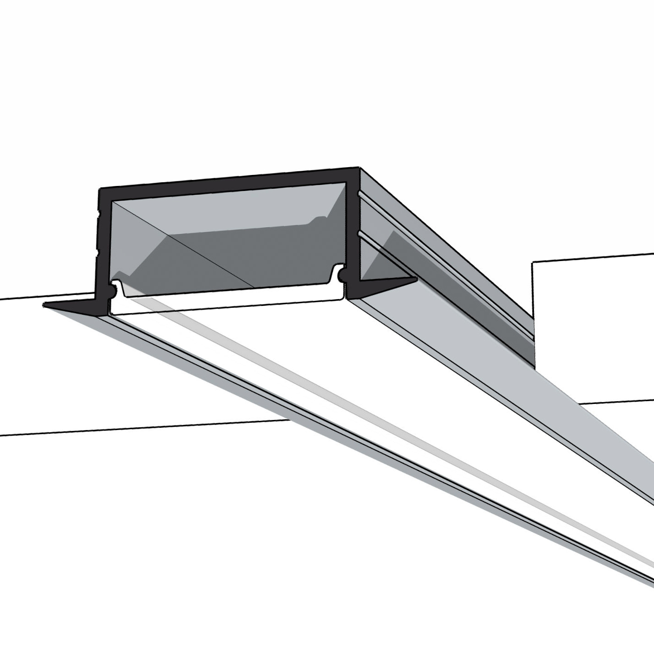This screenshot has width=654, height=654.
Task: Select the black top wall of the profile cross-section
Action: point(229,182)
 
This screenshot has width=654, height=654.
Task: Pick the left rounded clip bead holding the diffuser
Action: point(113,289)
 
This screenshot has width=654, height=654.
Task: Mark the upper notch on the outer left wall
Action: point(98,213)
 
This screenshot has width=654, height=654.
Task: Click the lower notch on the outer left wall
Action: point(98,251)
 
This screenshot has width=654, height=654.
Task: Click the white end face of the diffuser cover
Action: point(229,303)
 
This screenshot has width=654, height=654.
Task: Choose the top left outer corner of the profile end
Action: point(100,189)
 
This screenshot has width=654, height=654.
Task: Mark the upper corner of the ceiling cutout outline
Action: point(533,262)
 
